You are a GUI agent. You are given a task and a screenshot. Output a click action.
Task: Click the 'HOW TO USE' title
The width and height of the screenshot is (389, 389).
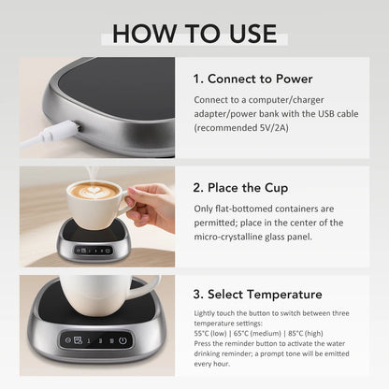pyautogui.click(x=194, y=32)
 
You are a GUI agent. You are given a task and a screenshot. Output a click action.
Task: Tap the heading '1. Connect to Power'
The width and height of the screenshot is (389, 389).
pyautogui.click(x=252, y=78)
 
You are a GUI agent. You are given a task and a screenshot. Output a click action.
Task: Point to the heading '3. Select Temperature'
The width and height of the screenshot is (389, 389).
pyautogui.click(x=258, y=294)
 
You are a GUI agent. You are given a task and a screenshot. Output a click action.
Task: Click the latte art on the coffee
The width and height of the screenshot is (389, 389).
pyautogui.click(x=94, y=191)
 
